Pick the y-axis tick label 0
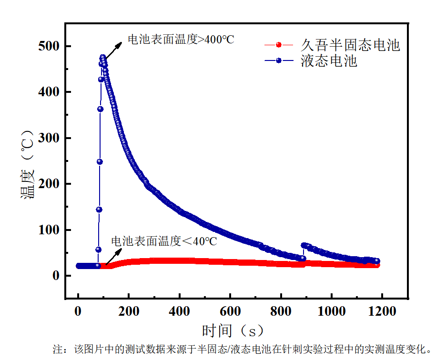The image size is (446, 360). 55,276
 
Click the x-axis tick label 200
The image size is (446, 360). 129,311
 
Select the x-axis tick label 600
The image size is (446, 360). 230,311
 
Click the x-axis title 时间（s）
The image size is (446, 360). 233,330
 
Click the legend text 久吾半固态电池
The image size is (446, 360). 350,45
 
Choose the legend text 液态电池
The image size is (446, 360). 329,61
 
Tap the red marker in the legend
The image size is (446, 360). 279,45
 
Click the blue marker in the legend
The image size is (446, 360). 279,61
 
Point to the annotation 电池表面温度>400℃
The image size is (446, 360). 181,40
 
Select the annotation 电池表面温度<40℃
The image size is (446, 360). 164,241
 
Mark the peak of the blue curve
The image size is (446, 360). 102,58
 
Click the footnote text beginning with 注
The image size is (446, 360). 243,350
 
